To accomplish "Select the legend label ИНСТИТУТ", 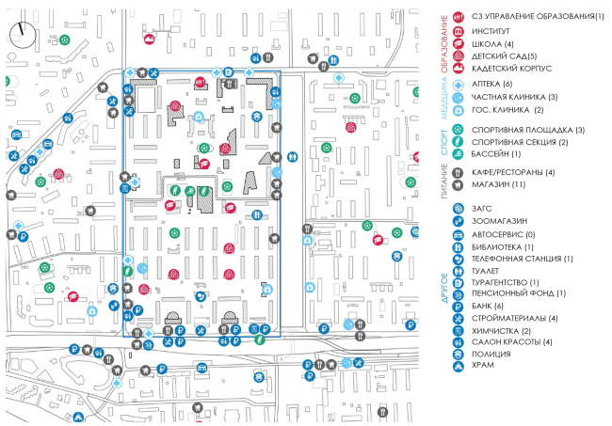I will point(493,31).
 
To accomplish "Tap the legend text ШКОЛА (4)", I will point(494,44).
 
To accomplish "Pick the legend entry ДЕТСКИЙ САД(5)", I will point(503,56).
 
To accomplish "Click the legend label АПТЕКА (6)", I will point(492,86).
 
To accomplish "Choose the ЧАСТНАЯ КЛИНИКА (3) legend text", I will point(514,98).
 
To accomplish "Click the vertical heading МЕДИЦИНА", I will point(445,98).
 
